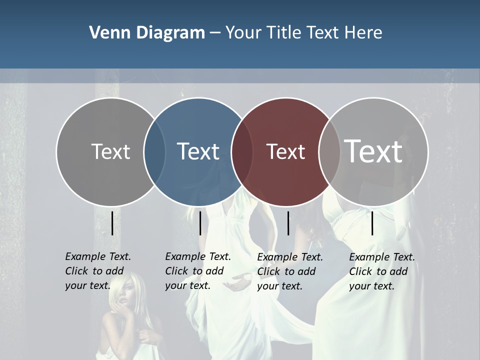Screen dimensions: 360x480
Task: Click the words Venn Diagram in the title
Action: pyautogui.click(x=147, y=33)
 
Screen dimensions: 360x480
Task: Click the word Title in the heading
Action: pyautogui.click(x=284, y=33)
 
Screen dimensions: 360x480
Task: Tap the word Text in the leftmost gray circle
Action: pyautogui.click(x=110, y=151)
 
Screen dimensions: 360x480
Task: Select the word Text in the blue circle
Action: pyautogui.click(x=198, y=151)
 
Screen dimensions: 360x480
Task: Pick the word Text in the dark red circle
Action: pyautogui.click(x=285, y=151)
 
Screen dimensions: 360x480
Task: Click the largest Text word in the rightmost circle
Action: pyautogui.click(x=373, y=151)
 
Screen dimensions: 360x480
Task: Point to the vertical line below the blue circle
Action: pyautogui.click(x=200, y=223)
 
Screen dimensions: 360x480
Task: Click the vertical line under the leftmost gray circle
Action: pyautogui.click(x=112, y=223)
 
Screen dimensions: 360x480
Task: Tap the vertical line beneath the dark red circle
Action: pyautogui.click(x=288, y=223)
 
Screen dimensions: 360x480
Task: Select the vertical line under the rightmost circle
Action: pyautogui.click(x=372, y=223)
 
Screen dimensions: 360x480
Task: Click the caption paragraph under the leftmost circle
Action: pyautogui.click(x=97, y=271)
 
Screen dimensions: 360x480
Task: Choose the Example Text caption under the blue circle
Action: pyautogui.click(x=197, y=271)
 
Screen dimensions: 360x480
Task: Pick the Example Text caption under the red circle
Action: pyautogui.click(x=289, y=271)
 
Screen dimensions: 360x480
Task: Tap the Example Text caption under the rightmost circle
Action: pyautogui.click(x=381, y=271)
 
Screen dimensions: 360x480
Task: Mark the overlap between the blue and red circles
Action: pyautogui.click(x=242, y=151)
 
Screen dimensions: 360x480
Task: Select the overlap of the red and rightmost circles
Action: pyautogui.click(x=330, y=151)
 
